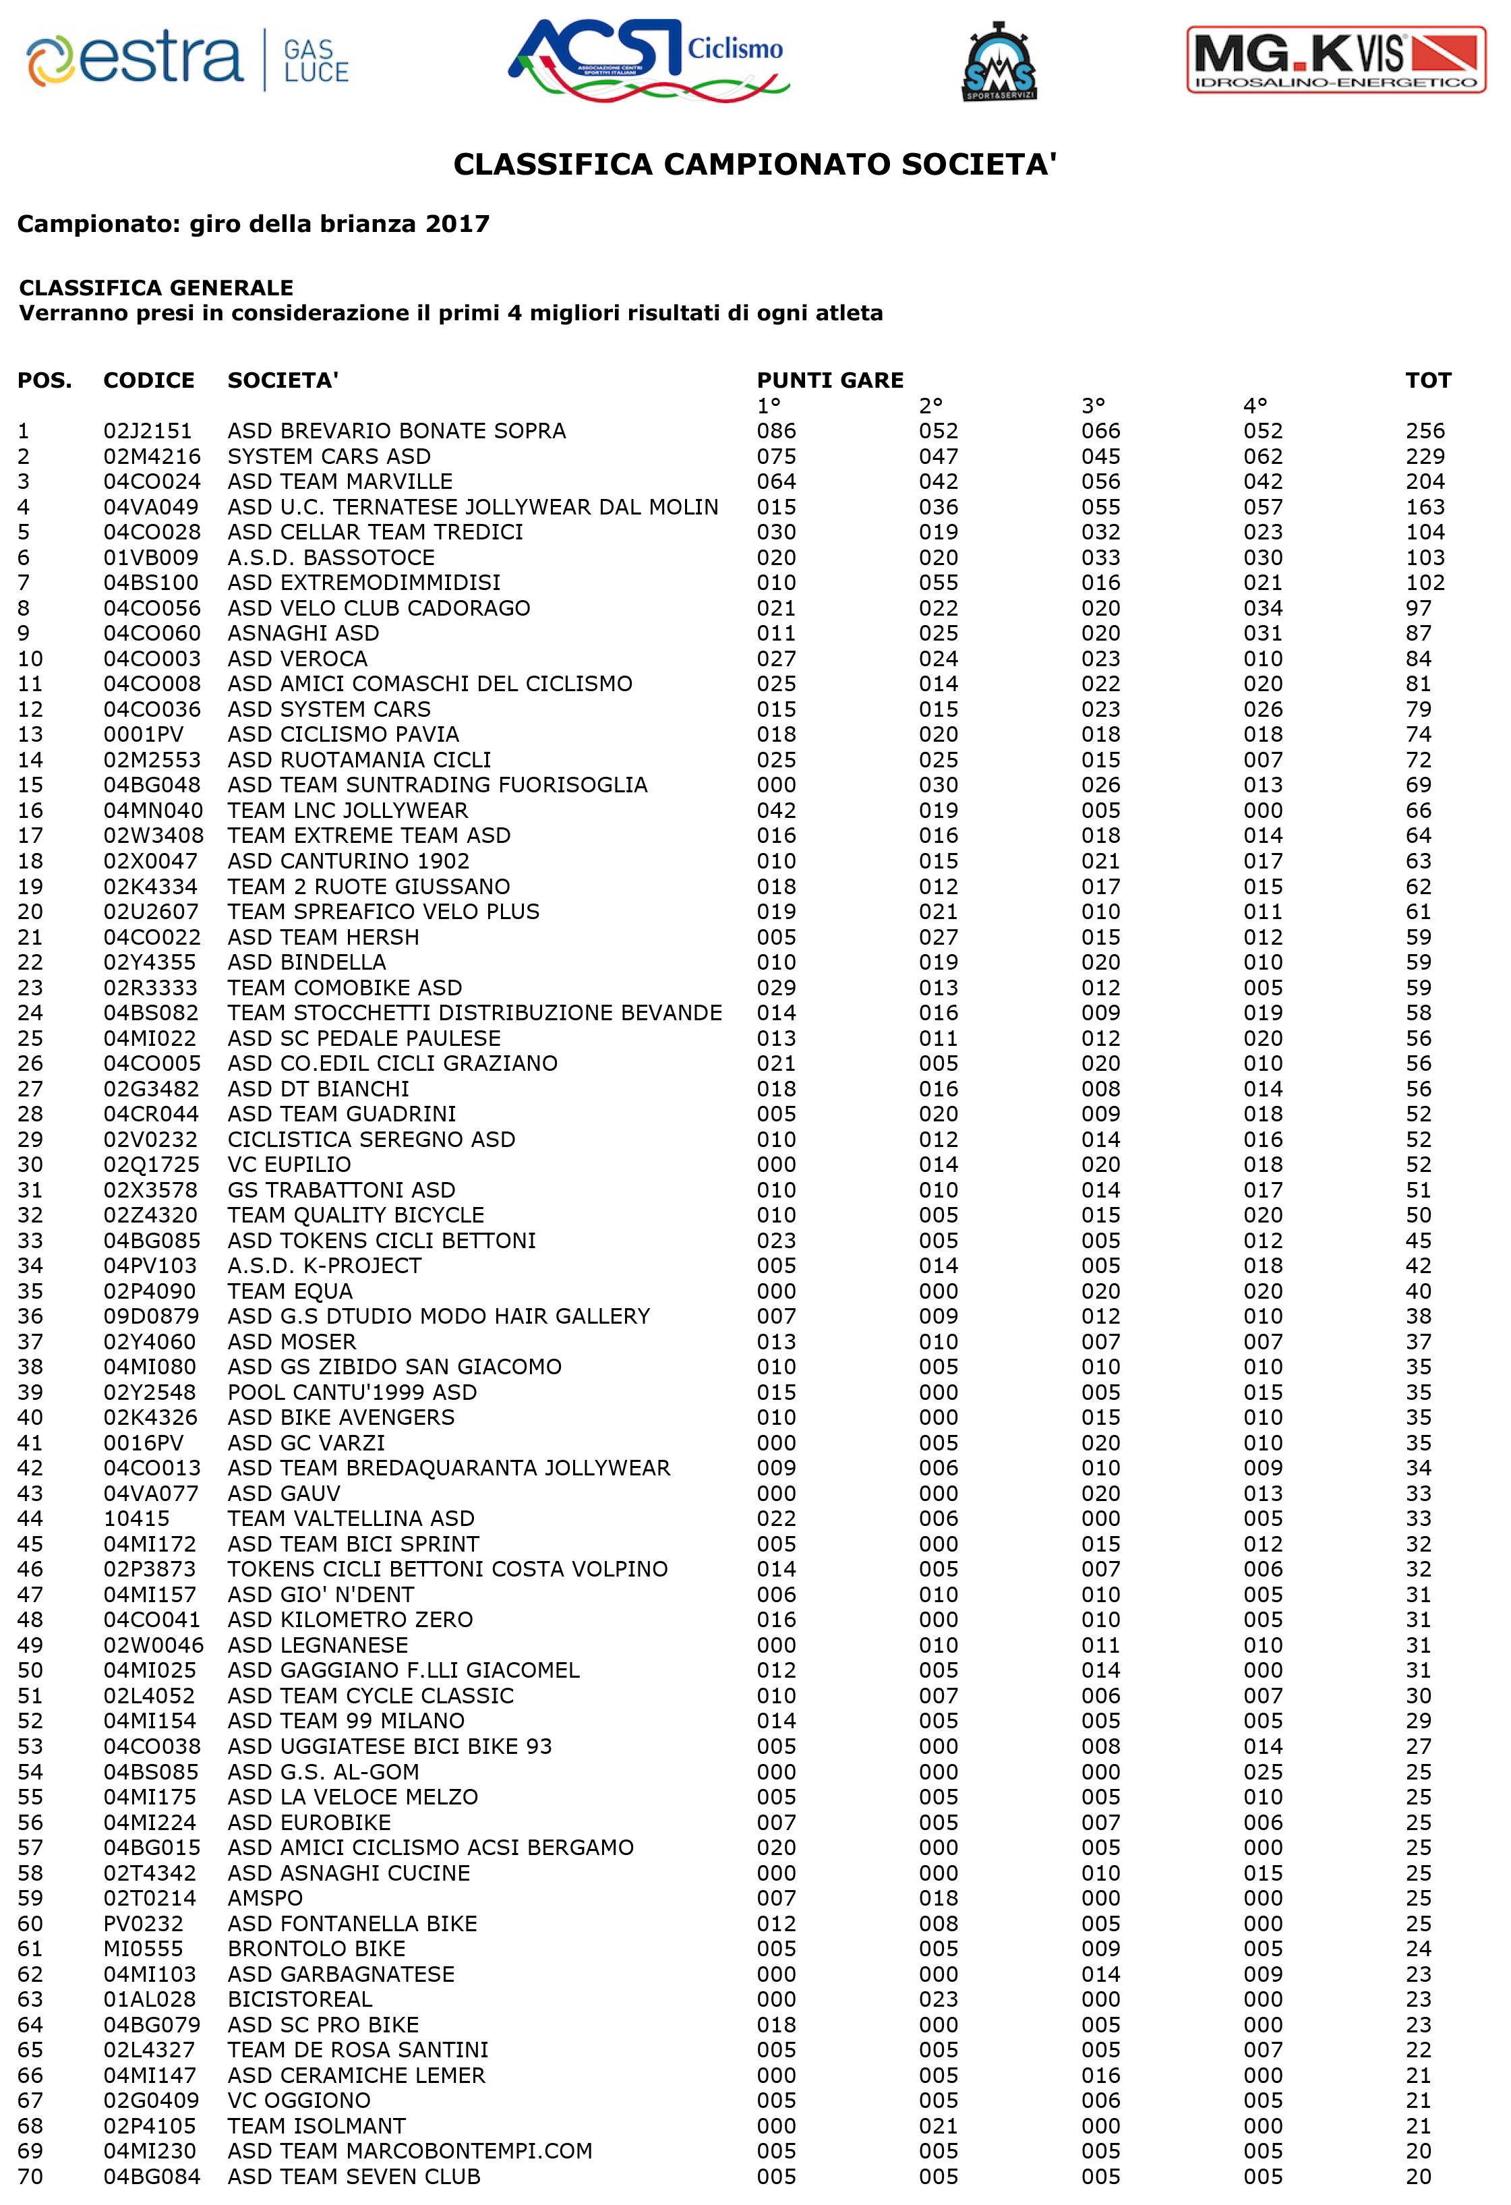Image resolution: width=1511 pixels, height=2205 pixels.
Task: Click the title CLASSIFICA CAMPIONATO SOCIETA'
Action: coord(755,165)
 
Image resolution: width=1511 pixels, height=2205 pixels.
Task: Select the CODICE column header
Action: coord(149,380)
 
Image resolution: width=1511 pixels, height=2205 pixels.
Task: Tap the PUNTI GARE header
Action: coord(830,380)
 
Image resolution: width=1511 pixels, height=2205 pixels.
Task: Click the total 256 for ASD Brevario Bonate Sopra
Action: coord(1425,431)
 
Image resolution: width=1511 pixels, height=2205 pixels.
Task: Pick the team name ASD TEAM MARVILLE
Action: coord(340,481)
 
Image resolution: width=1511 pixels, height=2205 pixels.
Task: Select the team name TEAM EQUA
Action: coord(289,1291)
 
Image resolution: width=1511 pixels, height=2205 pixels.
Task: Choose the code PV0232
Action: coord(143,1923)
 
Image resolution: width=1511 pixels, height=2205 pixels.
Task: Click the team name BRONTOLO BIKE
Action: coord(316,1949)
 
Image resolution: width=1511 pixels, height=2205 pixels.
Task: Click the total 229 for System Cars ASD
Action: coord(1425,457)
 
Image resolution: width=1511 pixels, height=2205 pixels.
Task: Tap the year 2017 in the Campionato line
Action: coord(457,224)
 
